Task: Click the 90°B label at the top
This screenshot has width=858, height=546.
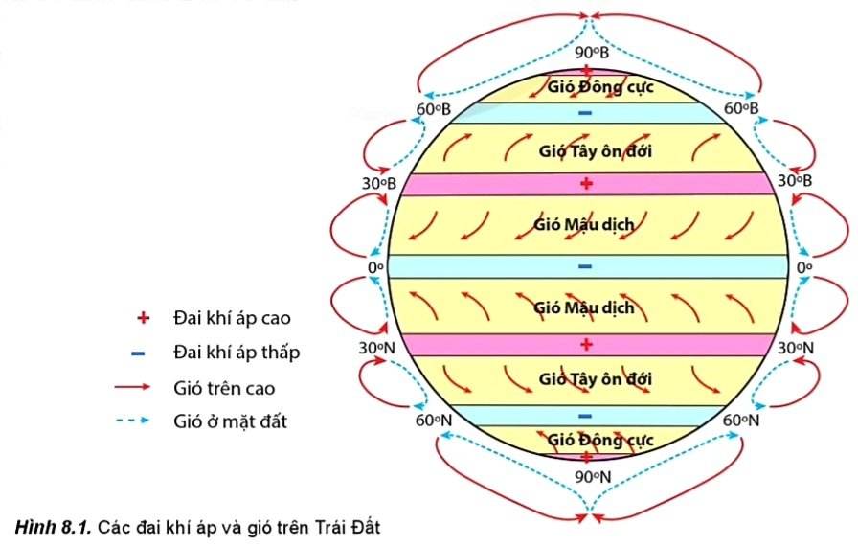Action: [591, 52]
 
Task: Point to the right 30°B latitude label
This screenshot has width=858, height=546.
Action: [795, 181]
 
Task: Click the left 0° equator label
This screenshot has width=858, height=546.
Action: [376, 267]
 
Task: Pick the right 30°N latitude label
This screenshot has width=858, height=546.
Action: [795, 348]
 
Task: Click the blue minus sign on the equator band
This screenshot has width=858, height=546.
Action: [586, 266]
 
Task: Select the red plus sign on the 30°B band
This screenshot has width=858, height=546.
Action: [587, 183]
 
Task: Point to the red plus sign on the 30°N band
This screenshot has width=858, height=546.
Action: [587, 344]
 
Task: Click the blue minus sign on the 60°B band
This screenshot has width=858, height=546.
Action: [586, 114]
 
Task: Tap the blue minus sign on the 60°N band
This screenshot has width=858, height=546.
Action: [586, 416]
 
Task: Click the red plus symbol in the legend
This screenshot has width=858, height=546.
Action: [143, 317]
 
